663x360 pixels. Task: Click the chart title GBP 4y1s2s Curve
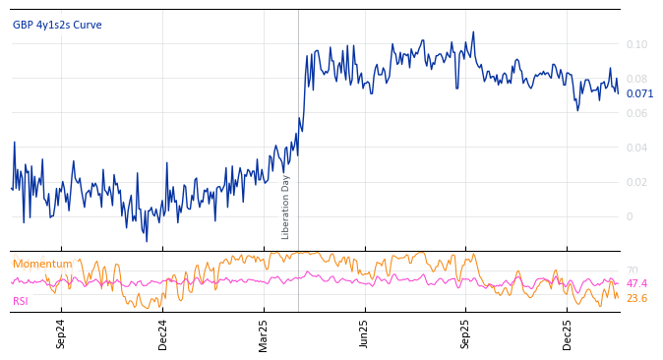[x=57, y=26]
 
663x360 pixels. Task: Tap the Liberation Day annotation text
[x=286, y=207]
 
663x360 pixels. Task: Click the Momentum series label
[x=42, y=264]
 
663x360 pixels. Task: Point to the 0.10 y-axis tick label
[x=636, y=44]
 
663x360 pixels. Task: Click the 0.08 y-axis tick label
[x=636, y=79]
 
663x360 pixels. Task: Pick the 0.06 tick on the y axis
[x=636, y=113]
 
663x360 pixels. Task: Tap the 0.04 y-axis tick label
[x=636, y=148]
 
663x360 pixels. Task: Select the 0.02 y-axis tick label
[x=636, y=182]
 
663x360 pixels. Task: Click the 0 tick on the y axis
[x=630, y=216]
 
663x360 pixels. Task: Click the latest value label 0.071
[x=639, y=94]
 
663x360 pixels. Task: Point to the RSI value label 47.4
[x=636, y=283]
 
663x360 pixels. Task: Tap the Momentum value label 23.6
[x=636, y=298]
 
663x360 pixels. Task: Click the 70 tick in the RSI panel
[x=632, y=270]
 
